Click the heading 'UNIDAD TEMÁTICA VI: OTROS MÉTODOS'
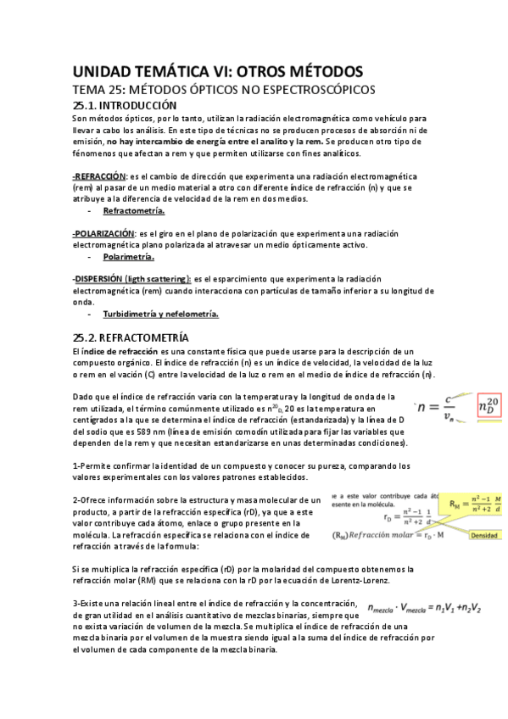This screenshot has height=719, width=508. point(218,70)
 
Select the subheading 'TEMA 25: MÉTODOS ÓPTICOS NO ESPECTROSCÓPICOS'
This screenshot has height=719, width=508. point(223,89)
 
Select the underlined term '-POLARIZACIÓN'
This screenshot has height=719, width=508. point(103,233)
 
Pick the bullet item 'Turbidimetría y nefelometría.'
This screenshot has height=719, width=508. point(160,314)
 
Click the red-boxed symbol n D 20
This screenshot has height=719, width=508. point(489,407)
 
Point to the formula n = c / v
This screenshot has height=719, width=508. point(440,408)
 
